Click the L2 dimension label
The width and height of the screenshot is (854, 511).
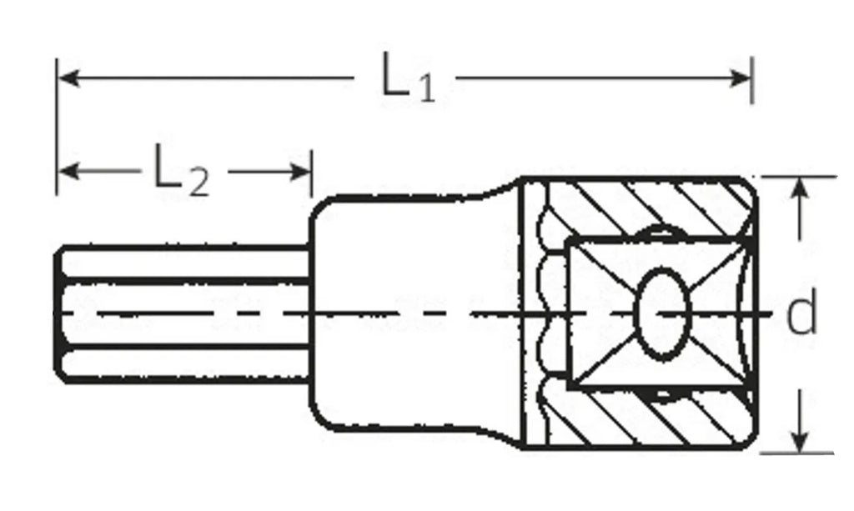pyautogui.click(x=180, y=172)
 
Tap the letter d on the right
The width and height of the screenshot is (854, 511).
pyautogui.click(x=801, y=316)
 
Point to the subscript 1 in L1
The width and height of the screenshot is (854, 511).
pyautogui.click(x=425, y=89)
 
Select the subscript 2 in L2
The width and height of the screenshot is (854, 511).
pyautogui.click(x=196, y=182)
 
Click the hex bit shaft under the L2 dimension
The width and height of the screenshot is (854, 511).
pyautogui.click(x=183, y=313)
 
